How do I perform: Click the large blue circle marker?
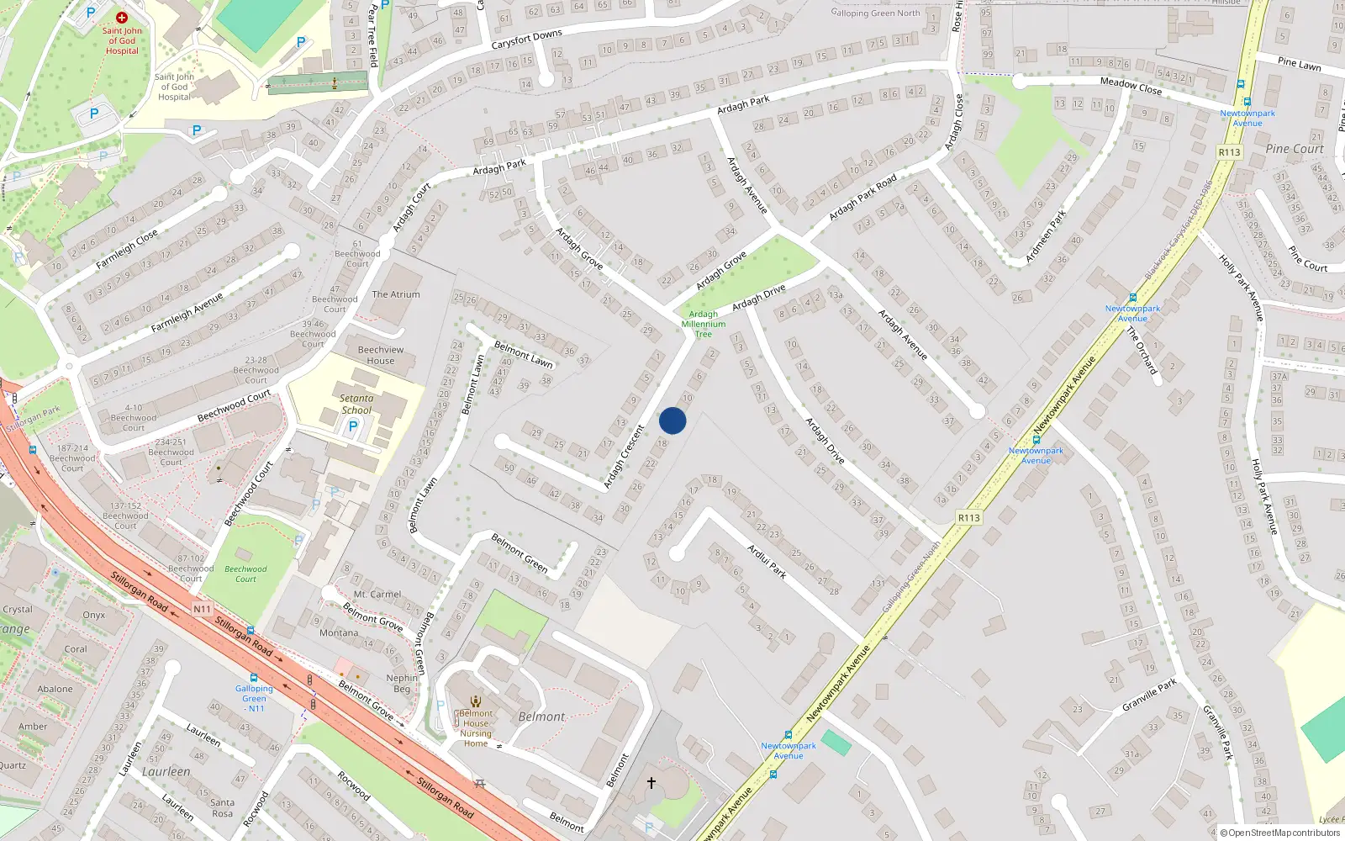pyautogui.click(x=672, y=420)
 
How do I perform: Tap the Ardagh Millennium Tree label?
pyautogui.click(x=704, y=324)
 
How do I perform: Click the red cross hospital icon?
pyautogui.click(x=122, y=17)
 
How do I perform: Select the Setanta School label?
pyautogui.click(x=356, y=405)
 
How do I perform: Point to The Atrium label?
pyautogui.click(x=396, y=294)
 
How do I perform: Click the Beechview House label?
pyautogui.click(x=381, y=355)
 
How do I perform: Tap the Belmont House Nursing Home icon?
pyautogui.click(x=476, y=701)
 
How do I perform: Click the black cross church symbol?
pyautogui.click(x=651, y=783)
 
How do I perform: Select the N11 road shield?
pyautogui.click(x=202, y=609)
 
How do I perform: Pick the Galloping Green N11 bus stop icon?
pyautogui.click(x=254, y=677)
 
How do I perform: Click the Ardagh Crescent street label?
pyautogui.click(x=624, y=457)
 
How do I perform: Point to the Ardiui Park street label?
pyautogui.click(x=767, y=561)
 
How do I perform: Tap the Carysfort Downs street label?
pyautogui.click(x=526, y=40)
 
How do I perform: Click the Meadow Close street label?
pyautogui.click(x=1131, y=85)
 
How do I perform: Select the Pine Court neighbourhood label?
pyautogui.click(x=1295, y=149)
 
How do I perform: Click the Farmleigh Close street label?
pyautogui.click(x=127, y=250)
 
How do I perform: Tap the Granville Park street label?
pyautogui.click(x=1149, y=696)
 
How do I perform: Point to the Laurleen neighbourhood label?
pyautogui.click(x=166, y=771)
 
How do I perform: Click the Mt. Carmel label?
pyautogui.click(x=377, y=595)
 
